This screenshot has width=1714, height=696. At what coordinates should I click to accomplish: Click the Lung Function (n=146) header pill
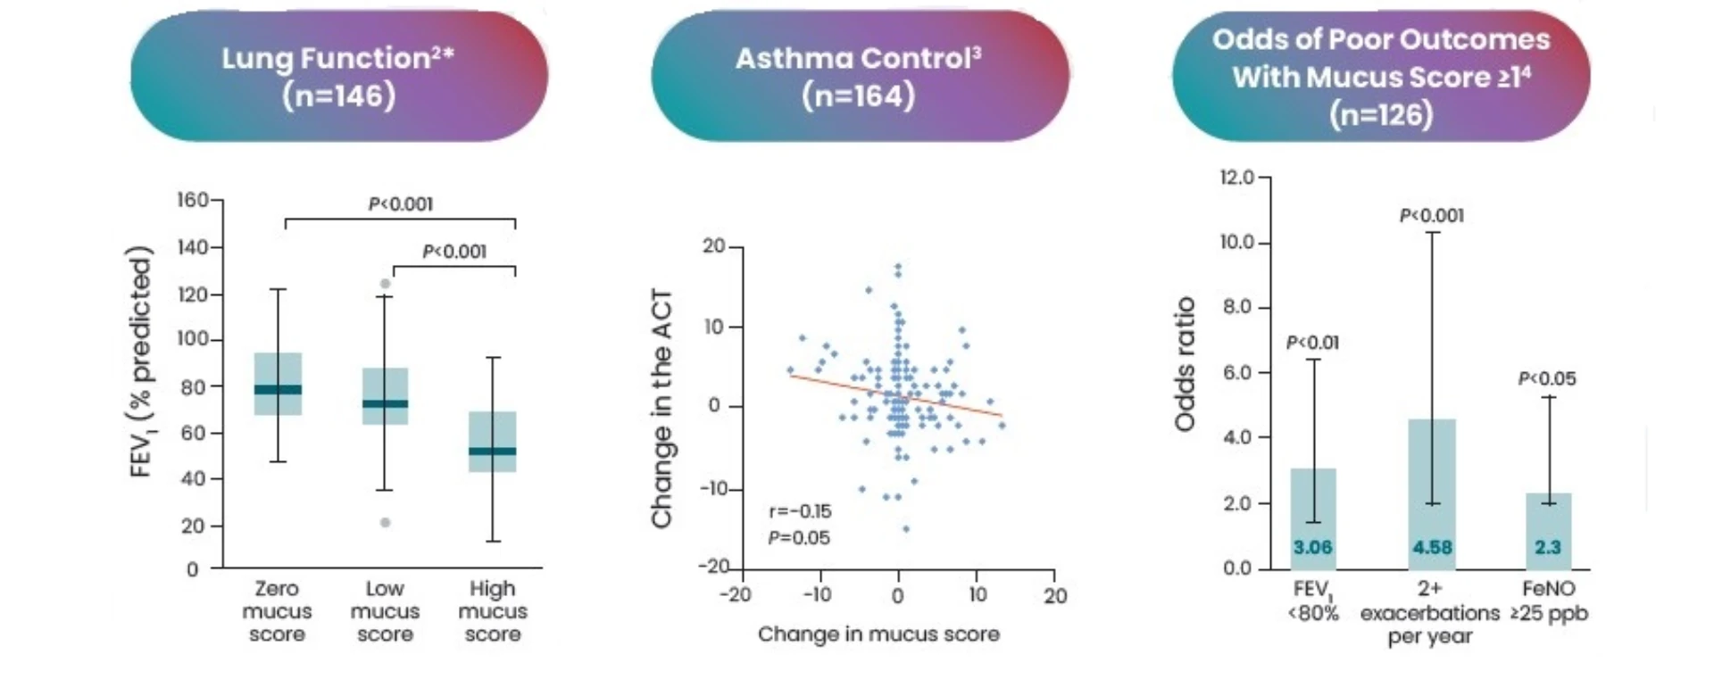(338, 77)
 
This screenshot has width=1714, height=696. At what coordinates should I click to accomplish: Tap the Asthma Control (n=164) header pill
(859, 77)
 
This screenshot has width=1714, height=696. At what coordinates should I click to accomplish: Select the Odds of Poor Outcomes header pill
(1380, 77)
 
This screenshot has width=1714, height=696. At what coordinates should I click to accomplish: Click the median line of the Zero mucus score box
(278, 389)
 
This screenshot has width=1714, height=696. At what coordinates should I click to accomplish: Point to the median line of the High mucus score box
(493, 451)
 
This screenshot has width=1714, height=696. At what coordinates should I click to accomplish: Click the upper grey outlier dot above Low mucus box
(385, 284)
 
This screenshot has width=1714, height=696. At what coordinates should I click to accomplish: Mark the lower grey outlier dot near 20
(385, 522)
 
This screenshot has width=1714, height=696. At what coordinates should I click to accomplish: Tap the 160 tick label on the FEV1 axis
(193, 200)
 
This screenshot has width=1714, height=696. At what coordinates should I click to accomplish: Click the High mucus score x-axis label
(493, 611)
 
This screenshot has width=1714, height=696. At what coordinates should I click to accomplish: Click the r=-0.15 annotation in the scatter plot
(800, 511)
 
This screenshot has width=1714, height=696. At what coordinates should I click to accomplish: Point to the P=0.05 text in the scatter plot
(799, 538)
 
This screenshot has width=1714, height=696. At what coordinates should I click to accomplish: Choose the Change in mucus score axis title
(878, 634)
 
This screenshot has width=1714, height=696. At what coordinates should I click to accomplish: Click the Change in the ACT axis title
(661, 409)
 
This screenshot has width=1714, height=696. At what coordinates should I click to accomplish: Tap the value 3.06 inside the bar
(1312, 547)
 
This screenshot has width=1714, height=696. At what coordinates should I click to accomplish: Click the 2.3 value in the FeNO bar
(1548, 547)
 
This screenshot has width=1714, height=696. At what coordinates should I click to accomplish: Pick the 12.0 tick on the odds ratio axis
(1237, 178)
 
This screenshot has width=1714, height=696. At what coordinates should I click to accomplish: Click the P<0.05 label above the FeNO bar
(1547, 379)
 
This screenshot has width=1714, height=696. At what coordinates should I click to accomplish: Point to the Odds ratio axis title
(1185, 364)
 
